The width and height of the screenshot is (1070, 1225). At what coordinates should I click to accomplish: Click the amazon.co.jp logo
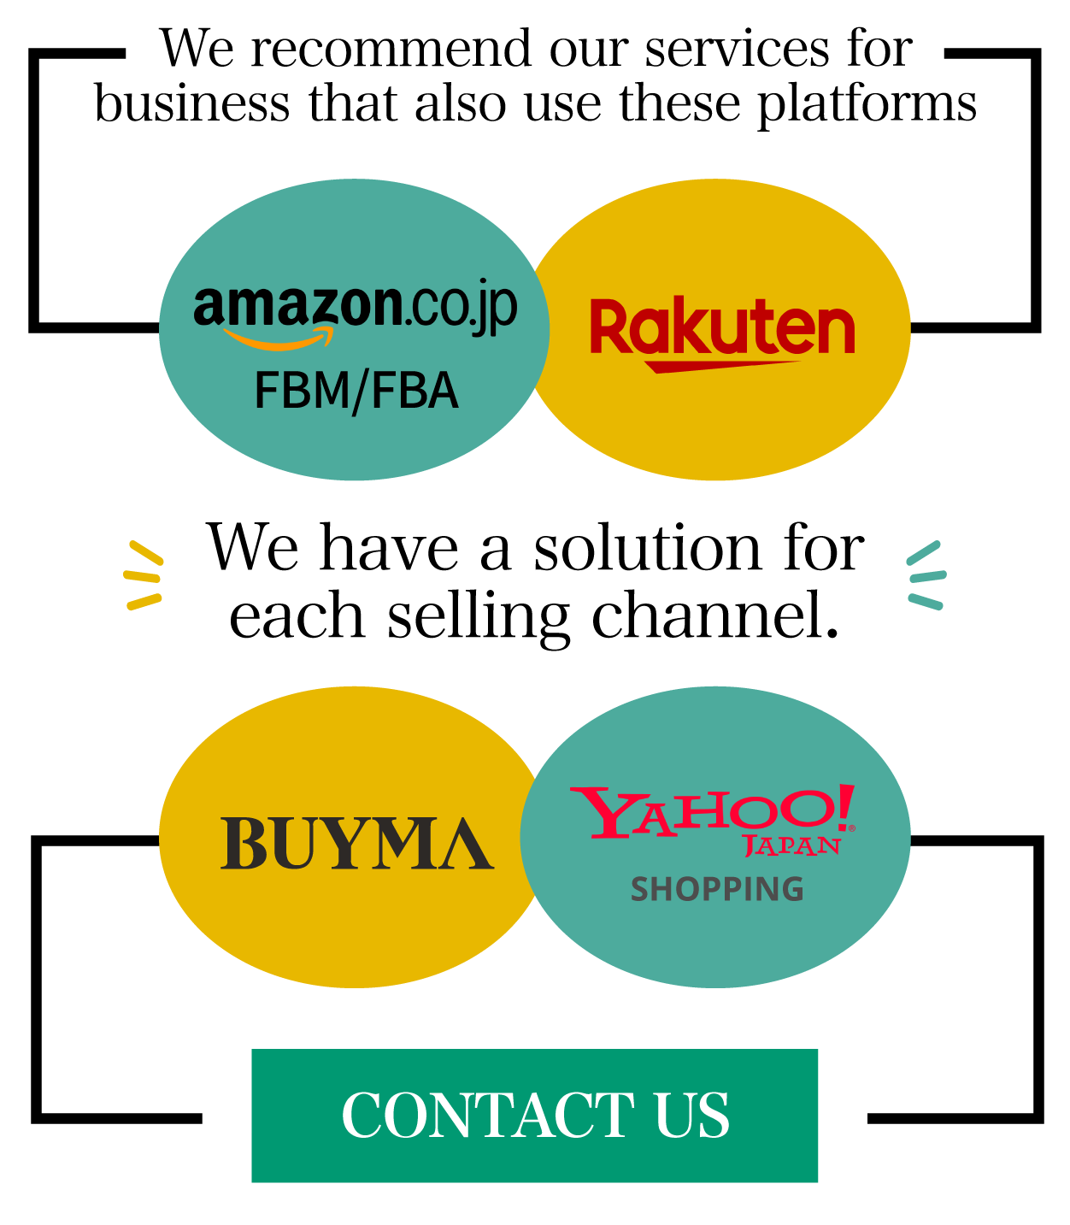pyautogui.click(x=356, y=313)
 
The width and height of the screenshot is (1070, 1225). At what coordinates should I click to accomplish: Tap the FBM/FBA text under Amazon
pyautogui.click(x=356, y=391)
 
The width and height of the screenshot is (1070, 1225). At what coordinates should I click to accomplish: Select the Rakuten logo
pyautogui.click(x=722, y=334)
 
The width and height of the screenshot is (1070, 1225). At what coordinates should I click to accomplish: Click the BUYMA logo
pyautogui.click(x=357, y=844)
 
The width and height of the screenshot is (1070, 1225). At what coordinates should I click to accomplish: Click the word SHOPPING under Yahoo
pyautogui.click(x=717, y=889)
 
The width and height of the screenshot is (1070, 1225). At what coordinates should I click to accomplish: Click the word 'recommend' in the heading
pyautogui.click(x=391, y=49)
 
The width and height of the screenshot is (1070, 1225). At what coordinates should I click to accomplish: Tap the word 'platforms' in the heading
pyautogui.click(x=867, y=105)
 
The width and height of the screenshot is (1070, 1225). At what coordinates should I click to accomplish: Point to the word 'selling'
pyautogui.click(x=478, y=619)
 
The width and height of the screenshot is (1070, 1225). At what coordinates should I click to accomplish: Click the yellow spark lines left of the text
pyautogui.click(x=144, y=575)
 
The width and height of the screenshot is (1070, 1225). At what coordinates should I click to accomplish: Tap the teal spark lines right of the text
pyautogui.click(x=926, y=575)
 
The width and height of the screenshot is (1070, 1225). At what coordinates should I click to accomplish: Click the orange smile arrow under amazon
pyautogui.click(x=279, y=339)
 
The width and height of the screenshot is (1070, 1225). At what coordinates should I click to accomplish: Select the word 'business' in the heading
pyautogui.click(x=191, y=103)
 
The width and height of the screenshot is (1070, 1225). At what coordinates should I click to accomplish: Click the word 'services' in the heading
pyautogui.click(x=737, y=50)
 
